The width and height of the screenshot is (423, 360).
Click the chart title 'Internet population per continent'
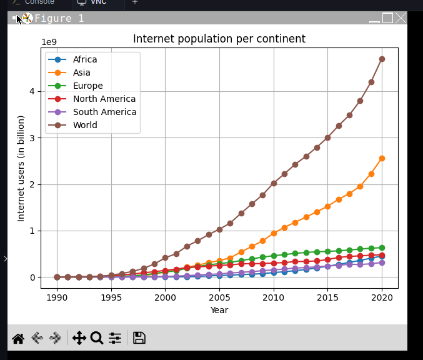click(x=219, y=39)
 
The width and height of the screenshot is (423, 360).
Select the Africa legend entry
click(x=85, y=59)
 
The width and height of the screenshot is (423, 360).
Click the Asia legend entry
click(x=81, y=72)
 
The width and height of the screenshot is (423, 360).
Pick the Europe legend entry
click(x=87, y=86)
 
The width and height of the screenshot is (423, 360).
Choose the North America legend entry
click(x=104, y=99)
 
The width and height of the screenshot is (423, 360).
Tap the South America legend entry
click(x=104, y=112)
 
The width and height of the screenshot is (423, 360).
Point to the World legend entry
click(x=85, y=125)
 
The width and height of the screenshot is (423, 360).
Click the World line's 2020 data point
click(x=382, y=59)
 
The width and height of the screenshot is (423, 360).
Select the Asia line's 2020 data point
click(x=382, y=158)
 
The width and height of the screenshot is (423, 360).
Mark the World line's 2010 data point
click(x=274, y=183)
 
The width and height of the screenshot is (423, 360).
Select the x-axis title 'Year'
click(x=219, y=310)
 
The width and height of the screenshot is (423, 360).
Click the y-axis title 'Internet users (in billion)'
click(x=21, y=168)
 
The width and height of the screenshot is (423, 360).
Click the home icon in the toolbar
click(x=18, y=338)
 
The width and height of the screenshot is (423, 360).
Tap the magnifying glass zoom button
click(x=97, y=338)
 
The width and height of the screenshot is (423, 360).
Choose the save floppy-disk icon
click(x=139, y=338)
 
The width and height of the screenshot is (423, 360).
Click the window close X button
click(x=401, y=18)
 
